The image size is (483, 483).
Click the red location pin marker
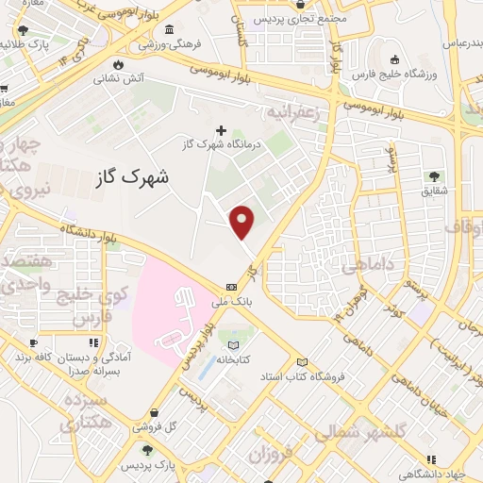[x=243, y=221]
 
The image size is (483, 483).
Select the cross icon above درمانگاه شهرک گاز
[x=222, y=130]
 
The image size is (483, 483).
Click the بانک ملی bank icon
[x=231, y=288]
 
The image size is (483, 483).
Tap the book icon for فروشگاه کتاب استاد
[x=302, y=362]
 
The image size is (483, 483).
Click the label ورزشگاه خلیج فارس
[x=391, y=73]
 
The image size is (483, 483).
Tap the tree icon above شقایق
[x=434, y=175]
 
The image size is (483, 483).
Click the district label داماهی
[x=367, y=267]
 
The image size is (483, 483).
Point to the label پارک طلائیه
[x=27, y=44]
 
